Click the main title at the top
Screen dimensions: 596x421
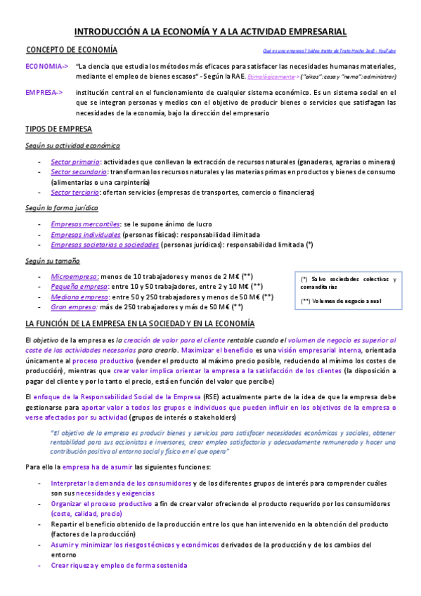(210, 32)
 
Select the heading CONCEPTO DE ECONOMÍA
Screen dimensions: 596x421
(72, 50)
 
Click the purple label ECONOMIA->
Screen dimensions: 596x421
(46, 66)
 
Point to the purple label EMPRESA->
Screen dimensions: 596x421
(44, 92)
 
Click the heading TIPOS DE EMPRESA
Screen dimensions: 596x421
(64, 130)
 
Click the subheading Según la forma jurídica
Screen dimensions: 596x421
(63, 208)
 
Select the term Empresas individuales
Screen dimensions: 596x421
(85, 234)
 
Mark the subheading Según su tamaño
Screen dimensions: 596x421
(53, 261)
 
